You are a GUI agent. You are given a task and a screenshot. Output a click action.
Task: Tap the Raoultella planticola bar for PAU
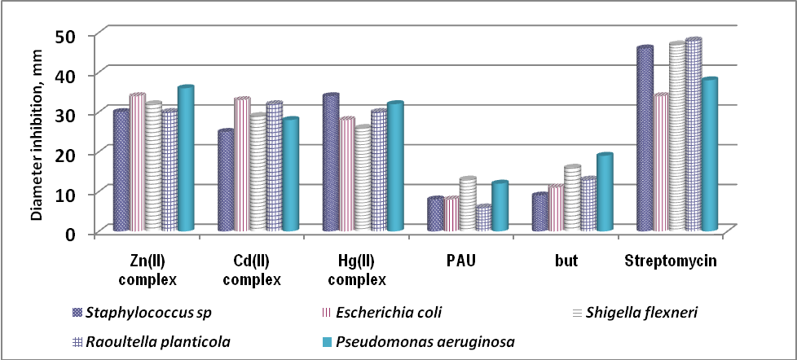483,219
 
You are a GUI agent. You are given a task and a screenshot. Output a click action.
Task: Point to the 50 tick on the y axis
64,35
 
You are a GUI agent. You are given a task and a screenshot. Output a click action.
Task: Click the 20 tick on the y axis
64,154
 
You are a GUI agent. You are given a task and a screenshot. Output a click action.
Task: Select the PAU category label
461,261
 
